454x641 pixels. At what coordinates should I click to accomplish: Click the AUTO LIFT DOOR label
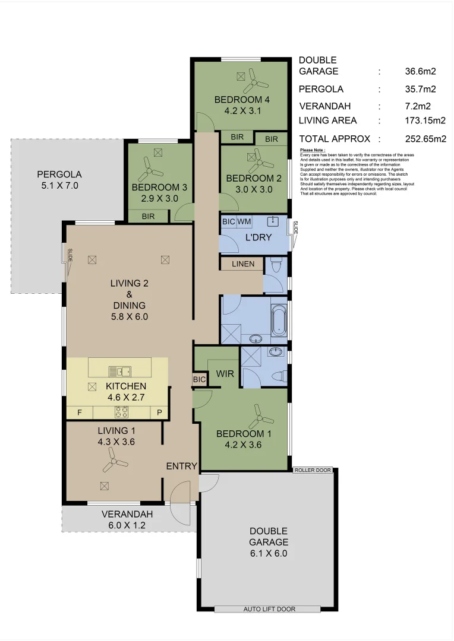click(269, 609)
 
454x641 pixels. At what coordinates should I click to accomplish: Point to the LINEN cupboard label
click(243, 264)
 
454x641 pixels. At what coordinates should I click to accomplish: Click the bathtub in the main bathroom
click(278, 319)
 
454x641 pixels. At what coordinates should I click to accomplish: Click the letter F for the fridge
click(79, 412)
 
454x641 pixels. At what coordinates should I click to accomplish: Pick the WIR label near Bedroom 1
click(224, 375)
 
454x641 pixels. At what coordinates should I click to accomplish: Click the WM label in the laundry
click(244, 221)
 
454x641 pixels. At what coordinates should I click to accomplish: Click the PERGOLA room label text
click(59, 174)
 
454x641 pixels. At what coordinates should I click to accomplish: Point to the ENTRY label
click(181, 467)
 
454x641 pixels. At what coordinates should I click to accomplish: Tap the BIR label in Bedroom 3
click(148, 217)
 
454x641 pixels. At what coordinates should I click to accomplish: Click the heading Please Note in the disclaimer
click(313, 151)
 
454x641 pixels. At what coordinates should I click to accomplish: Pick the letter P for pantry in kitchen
click(159, 412)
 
